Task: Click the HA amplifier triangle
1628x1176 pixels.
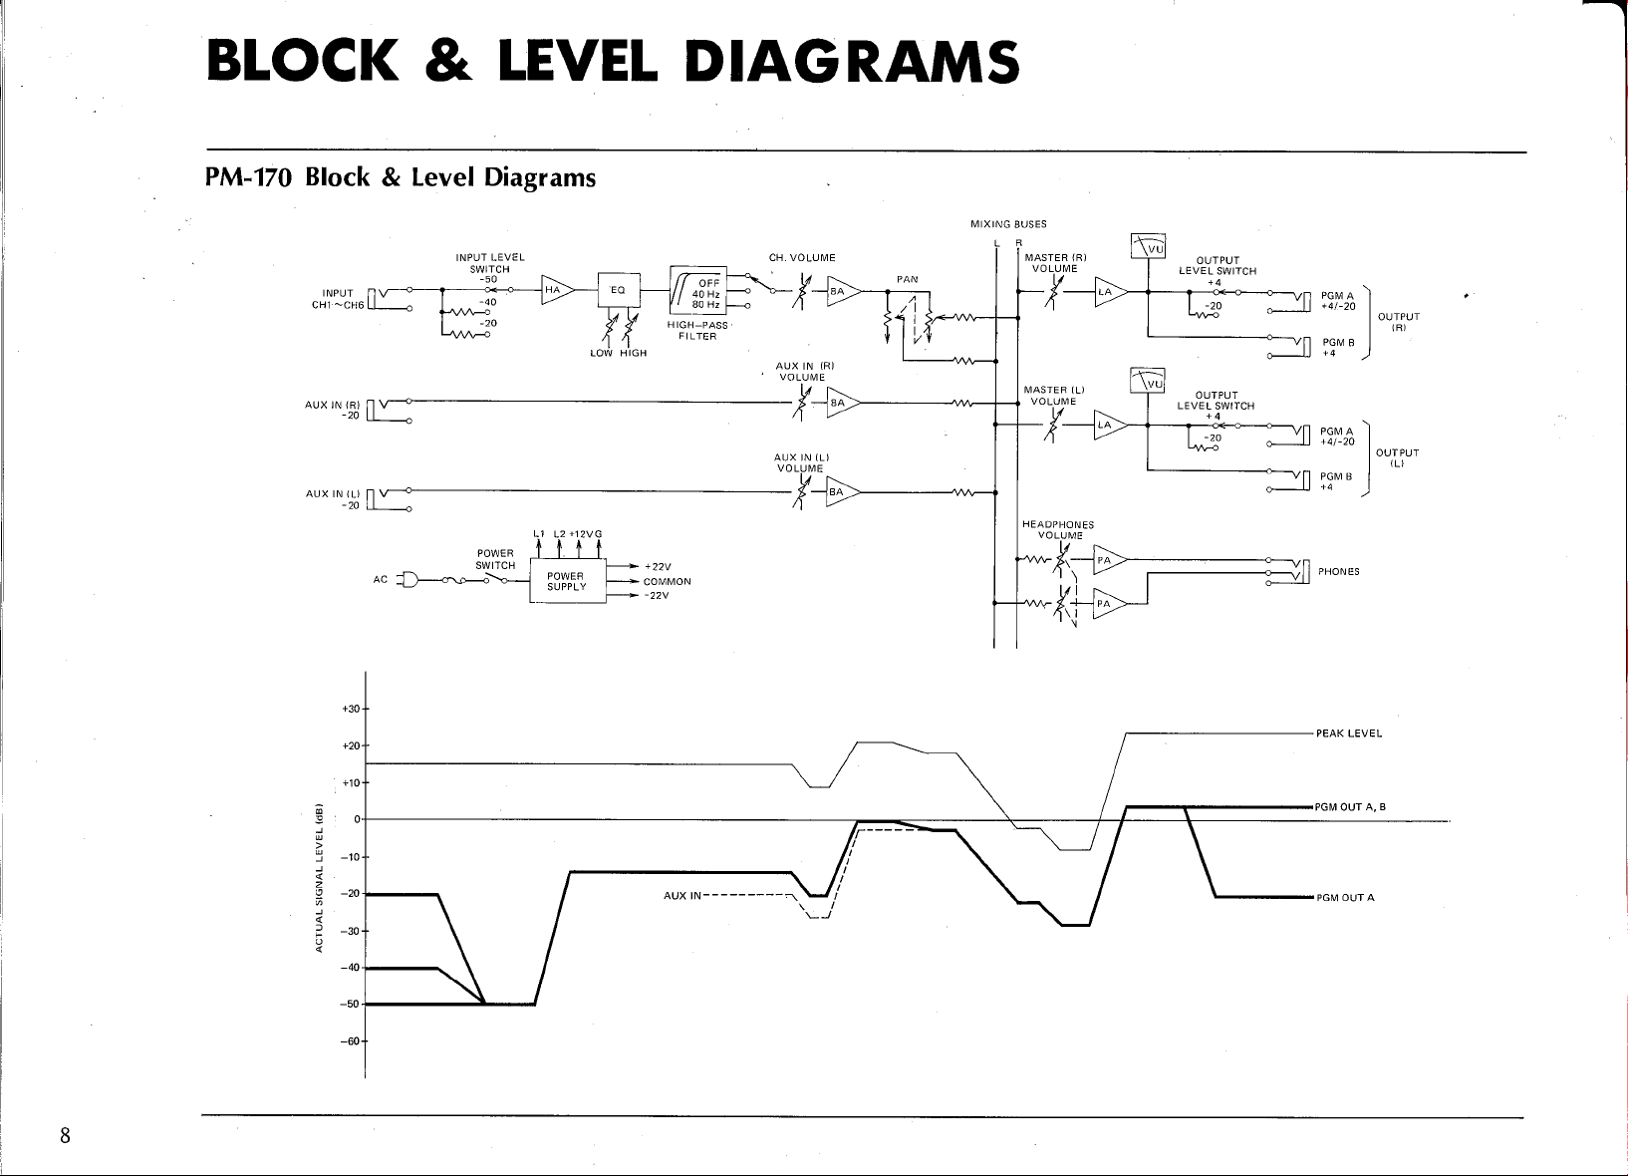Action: [556, 290]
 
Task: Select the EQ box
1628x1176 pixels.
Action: [619, 290]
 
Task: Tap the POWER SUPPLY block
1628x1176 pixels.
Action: [567, 581]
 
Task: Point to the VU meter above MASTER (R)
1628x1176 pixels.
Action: [1149, 246]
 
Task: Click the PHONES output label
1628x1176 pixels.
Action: [1339, 571]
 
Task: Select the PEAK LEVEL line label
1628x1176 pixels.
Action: [1349, 734]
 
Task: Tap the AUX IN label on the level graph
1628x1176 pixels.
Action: [681, 895]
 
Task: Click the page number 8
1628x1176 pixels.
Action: [65, 1135]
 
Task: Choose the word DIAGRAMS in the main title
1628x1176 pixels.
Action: [852, 61]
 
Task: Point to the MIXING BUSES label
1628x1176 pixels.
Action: [1008, 224]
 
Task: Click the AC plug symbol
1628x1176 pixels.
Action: [407, 580]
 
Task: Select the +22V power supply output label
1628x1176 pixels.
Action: [658, 567]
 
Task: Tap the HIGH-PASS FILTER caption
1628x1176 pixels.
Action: [697, 331]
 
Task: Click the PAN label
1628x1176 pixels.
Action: [907, 279]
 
